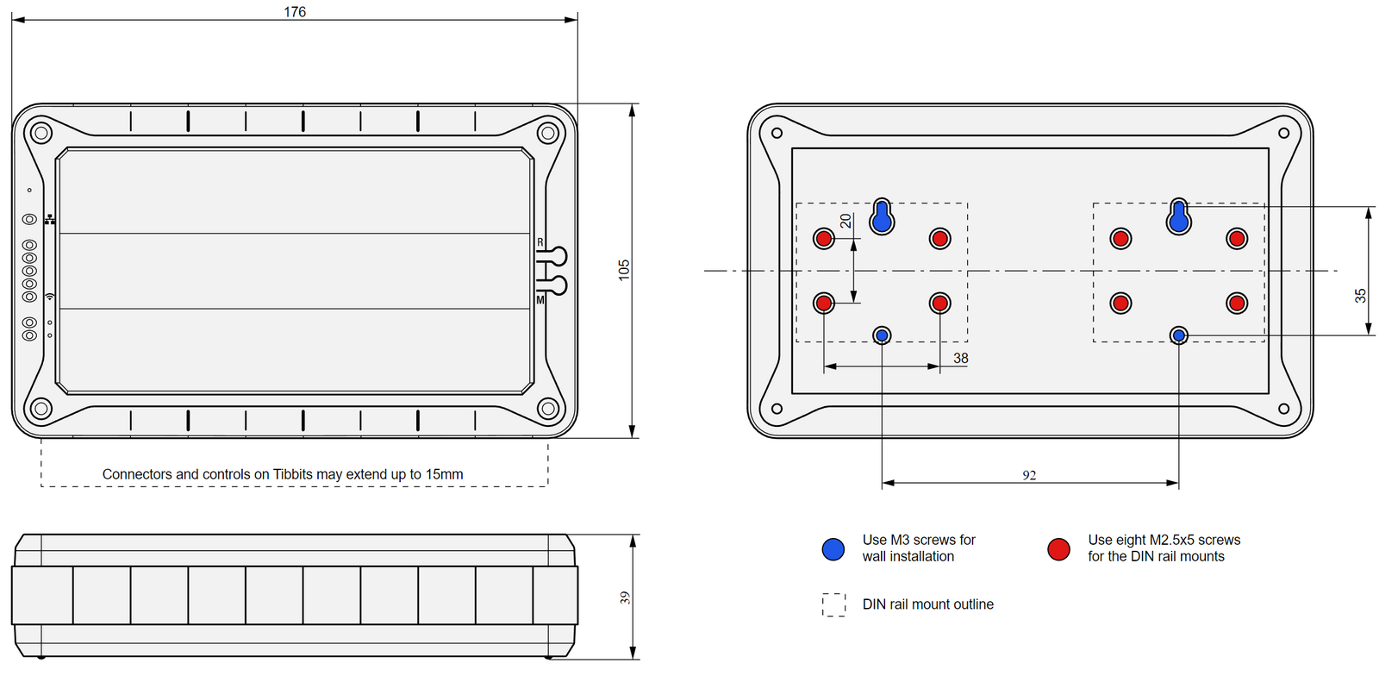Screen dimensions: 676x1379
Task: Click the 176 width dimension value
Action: click(x=295, y=12)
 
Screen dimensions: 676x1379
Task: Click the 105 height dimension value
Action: click(x=624, y=270)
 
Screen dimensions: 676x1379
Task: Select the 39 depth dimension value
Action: click(x=624, y=598)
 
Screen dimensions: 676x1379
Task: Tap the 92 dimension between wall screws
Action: click(x=1029, y=475)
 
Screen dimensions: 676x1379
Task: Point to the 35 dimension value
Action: click(x=1360, y=296)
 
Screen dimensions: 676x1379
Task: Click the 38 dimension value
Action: click(x=960, y=358)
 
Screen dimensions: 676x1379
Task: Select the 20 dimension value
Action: click(x=845, y=222)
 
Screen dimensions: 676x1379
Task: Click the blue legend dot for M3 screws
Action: click(x=833, y=549)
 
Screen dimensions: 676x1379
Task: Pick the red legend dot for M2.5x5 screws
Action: click(x=1058, y=549)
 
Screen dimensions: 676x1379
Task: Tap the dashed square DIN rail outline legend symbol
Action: click(x=833, y=604)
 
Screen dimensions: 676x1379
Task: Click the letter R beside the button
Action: click(x=540, y=242)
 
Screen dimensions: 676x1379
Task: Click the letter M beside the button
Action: click(x=540, y=300)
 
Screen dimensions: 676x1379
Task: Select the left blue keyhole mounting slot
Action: click(x=882, y=218)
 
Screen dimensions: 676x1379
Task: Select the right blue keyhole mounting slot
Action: click(x=1179, y=218)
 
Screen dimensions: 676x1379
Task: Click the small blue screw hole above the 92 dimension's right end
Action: click(x=1179, y=335)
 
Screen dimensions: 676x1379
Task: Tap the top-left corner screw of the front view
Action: click(x=41, y=133)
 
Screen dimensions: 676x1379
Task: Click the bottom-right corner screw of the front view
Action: click(x=548, y=409)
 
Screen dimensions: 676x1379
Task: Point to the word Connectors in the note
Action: click(x=136, y=474)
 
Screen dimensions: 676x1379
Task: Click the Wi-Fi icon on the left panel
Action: click(x=50, y=297)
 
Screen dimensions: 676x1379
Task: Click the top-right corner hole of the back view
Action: click(x=1283, y=133)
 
